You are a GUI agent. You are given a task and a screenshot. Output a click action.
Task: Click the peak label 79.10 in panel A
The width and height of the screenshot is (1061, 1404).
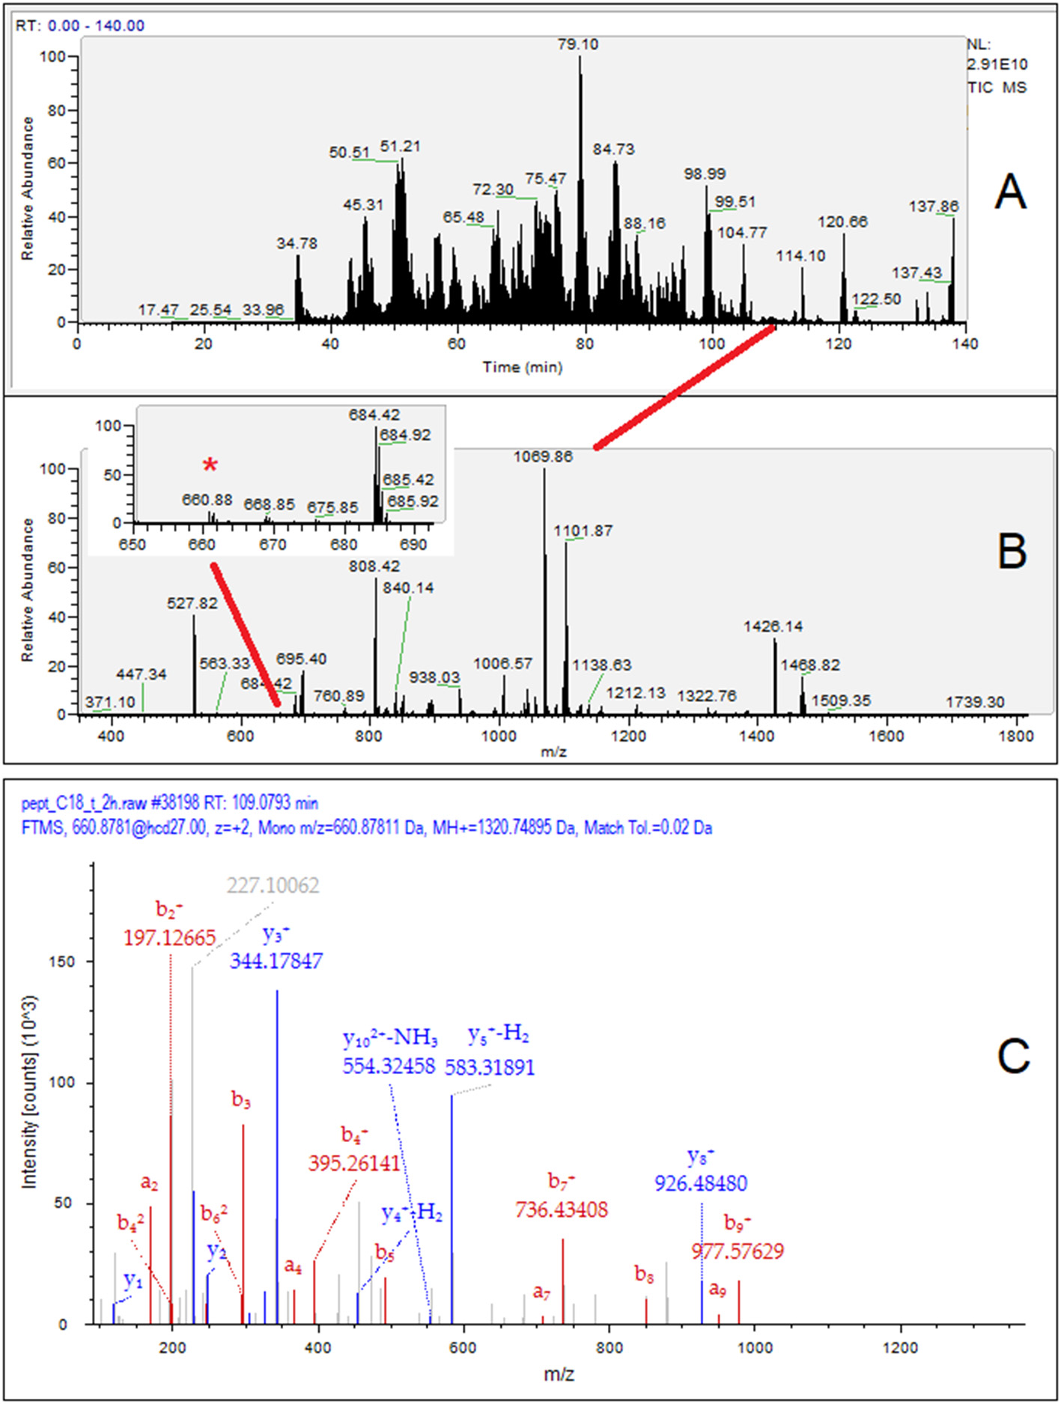[x=577, y=44]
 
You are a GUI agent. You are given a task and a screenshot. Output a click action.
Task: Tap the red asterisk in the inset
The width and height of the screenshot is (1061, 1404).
[x=210, y=466]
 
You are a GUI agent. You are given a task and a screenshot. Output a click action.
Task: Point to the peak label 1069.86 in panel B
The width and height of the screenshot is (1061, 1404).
[x=543, y=457]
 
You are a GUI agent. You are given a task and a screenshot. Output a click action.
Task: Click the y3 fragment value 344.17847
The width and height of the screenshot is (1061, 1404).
[x=276, y=961]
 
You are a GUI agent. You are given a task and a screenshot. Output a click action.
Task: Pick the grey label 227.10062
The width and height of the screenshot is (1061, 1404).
[x=273, y=885]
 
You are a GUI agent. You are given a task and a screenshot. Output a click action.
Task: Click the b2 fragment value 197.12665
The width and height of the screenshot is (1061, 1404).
[x=169, y=938]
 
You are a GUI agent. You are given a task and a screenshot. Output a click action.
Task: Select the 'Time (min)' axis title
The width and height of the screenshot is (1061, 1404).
[x=522, y=367]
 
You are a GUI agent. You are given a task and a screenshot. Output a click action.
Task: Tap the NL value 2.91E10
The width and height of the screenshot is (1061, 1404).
[x=997, y=65]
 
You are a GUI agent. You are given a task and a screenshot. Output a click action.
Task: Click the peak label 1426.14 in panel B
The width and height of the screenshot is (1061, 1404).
[x=773, y=626]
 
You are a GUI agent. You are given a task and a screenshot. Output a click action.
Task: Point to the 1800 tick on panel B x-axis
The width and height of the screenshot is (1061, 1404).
[x=1015, y=736]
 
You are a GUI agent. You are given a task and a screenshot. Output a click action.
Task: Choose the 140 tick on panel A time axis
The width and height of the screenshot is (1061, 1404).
[x=965, y=344]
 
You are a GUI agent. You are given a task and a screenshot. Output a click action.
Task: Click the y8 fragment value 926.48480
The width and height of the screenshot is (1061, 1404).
[x=701, y=1183]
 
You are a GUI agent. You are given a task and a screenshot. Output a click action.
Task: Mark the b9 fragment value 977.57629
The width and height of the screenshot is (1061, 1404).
[x=738, y=1251]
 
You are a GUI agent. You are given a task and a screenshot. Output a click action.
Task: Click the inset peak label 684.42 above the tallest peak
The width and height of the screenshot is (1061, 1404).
[x=374, y=415]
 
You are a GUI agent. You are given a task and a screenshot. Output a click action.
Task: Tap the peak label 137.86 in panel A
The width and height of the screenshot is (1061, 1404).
[x=933, y=206]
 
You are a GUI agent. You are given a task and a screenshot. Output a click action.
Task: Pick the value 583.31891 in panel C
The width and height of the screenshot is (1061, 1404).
[x=490, y=1067]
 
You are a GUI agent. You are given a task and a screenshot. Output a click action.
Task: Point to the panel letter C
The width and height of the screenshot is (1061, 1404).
[x=1013, y=1056]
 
